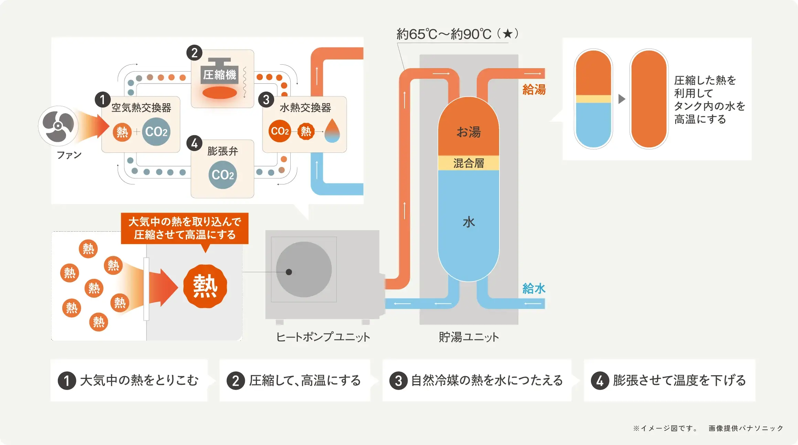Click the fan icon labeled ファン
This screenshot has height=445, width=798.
(58, 126)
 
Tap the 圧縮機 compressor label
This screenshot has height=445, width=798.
(219, 74)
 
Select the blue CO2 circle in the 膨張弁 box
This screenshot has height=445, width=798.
(223, 174)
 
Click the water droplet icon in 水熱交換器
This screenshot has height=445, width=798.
(332, 131)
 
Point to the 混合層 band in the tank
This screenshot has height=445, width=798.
(468, 163)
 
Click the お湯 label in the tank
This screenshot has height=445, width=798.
(468, 132)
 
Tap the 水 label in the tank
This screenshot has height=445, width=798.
(468, 222)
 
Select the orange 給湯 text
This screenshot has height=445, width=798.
(534, 89)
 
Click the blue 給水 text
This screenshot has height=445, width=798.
(534, 288)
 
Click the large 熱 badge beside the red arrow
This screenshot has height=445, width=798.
(205, 286)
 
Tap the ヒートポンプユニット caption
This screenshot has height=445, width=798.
(323, 337)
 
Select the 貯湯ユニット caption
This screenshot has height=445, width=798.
(468, 337)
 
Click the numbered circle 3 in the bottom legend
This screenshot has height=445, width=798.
(398, 381)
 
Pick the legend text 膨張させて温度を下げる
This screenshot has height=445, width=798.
(679, 380)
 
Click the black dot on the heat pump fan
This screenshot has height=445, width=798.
(289, 272)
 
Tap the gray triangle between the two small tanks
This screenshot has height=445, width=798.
(622, 99)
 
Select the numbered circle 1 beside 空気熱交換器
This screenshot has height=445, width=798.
(103, 100)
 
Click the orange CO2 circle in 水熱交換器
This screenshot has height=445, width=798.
(280, 131)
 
